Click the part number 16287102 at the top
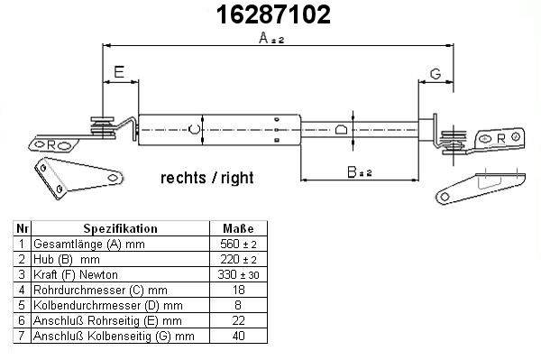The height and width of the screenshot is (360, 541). click(273, 14)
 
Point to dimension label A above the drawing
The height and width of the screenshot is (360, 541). click(271, 38)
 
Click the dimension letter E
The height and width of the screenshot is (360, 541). click(119, 72)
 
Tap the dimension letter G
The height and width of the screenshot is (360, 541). click(436, 73)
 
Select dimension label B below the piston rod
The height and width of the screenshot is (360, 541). click(360, 172)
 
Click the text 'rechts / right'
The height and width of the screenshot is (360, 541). click(207, 178)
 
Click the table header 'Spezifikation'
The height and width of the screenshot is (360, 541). click(121, 228)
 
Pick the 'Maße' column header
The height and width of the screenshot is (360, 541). click(238, 228)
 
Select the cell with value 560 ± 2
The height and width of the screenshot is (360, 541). click(238, 244)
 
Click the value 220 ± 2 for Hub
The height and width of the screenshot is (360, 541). click(238, 259)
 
